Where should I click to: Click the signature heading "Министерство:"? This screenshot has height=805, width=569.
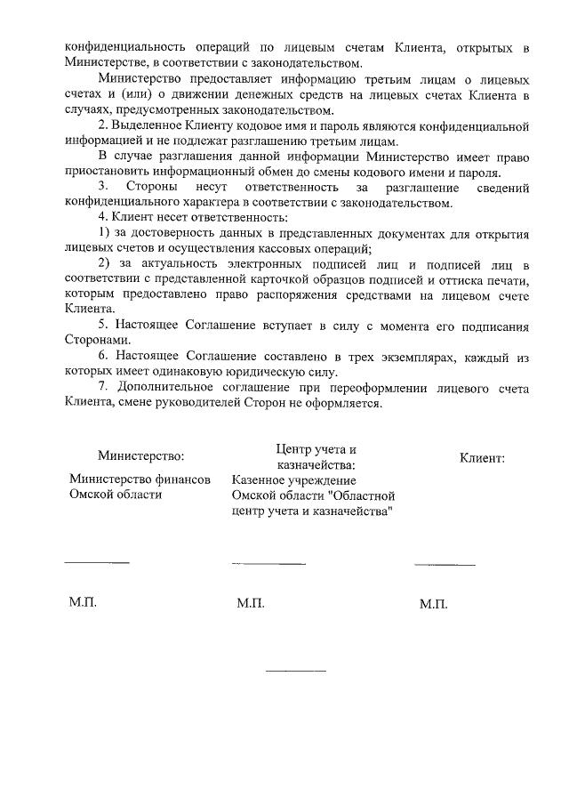tap(140, 456)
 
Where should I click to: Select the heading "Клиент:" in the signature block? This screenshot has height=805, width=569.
tap(482, 459)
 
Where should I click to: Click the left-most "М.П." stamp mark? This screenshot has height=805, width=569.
tap(83, 602)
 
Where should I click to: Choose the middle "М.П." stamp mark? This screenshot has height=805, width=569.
tap(252, 604)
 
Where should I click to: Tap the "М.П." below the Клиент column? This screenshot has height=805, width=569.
tap(433, 604)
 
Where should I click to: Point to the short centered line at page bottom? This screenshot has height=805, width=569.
tap(296, 670)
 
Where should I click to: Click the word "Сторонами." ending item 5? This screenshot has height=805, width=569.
tap(96, 340)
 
